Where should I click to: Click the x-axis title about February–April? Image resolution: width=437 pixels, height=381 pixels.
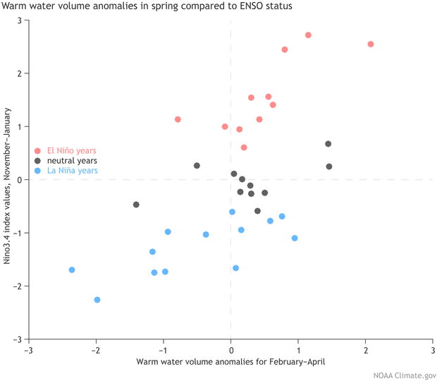point(230,362)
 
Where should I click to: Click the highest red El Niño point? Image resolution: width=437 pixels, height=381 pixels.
point(308,35)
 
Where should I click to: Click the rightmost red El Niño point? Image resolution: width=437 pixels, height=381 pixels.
point(371,44)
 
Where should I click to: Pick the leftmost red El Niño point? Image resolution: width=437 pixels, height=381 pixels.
point(178,119)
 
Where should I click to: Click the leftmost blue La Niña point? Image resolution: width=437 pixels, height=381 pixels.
point(72,270)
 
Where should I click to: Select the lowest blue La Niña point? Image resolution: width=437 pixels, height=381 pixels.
point(97,300)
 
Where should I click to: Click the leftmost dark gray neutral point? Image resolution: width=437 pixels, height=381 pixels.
point(136,205)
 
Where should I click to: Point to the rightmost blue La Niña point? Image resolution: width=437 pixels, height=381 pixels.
point(295,238)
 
